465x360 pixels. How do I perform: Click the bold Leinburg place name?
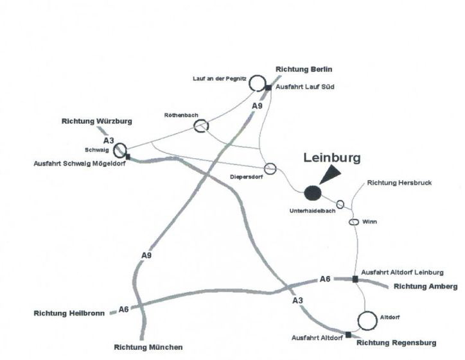(x=332, y=157)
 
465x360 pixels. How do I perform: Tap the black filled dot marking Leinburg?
(x=313, y=192)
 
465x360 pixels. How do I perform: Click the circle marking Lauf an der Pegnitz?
(x=257, y=83)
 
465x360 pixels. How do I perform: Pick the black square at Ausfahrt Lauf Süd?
(x=268, y=87)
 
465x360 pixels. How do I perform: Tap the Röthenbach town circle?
(x=201, y=126)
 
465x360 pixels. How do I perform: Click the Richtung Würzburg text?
(x=96, y=121)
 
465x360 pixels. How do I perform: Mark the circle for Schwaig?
(x=120, y=150)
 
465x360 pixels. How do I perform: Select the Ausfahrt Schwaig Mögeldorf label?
(x=78, y=163)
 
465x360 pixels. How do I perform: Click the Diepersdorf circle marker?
(x=270, y=168)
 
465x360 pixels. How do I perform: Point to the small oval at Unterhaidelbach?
(x=340, y=204)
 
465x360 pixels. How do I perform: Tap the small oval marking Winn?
(x=353, y=222)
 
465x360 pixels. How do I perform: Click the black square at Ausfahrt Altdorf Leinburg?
(x=355, y=279)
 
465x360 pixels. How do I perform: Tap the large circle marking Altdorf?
(x=367, y=320)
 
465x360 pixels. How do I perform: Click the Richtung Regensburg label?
(x=396, y=343)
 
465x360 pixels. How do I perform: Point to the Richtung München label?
(x=148, y=347)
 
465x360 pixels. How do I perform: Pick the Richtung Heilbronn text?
(x=69, y=314)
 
